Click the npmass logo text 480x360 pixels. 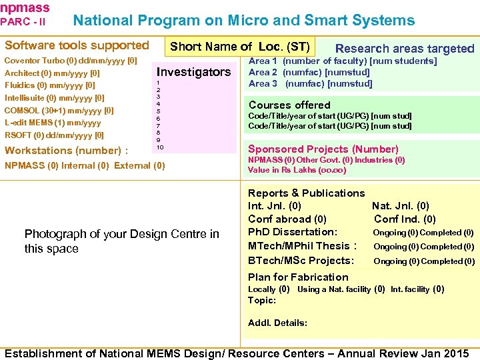[x=25, y=7]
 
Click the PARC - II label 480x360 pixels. [x=23, y=21]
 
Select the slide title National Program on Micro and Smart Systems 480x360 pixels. [x=243, y=21]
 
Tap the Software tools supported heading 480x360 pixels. [x=77, y=45]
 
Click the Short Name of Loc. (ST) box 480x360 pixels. [x=240, y=47]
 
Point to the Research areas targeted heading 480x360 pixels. [x=404, y=48]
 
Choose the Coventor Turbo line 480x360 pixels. [x=71, y=61]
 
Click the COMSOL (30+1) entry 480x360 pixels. [x=59, y=110]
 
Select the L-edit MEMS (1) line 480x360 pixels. [x=53, y=123]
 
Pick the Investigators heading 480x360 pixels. [x=193, y=72]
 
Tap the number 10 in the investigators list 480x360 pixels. [x=160, y=146]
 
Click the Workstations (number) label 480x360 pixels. [x=67, y=151]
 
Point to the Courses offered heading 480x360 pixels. [x=289, y=105]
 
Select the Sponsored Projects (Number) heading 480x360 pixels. [x=323, y=149]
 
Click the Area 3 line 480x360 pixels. [x=310, y=83]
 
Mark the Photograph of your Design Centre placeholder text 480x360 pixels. [x=121, y=241]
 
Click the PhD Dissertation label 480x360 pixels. [x=293, y=232]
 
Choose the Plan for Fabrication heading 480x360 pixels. [x=298, y=277]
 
